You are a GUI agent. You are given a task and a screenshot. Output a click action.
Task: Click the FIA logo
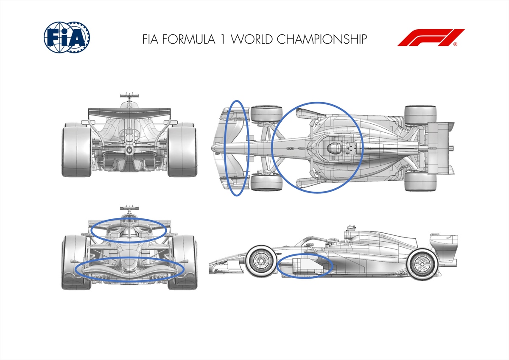click(x=67, y=37)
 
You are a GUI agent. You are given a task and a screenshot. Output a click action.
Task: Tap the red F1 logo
click(x=431, y=37)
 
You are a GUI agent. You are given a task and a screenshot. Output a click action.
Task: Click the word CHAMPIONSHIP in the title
click(x=322, y=39)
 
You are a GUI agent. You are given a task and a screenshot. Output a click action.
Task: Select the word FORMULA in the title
click(x=189, y=39)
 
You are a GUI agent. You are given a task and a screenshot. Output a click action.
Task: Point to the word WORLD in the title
click(x=252, y=39)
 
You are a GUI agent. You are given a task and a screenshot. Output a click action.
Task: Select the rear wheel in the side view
click(x=422, y=264)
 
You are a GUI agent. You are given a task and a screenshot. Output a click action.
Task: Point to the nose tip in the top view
click(x=213, y=148)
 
